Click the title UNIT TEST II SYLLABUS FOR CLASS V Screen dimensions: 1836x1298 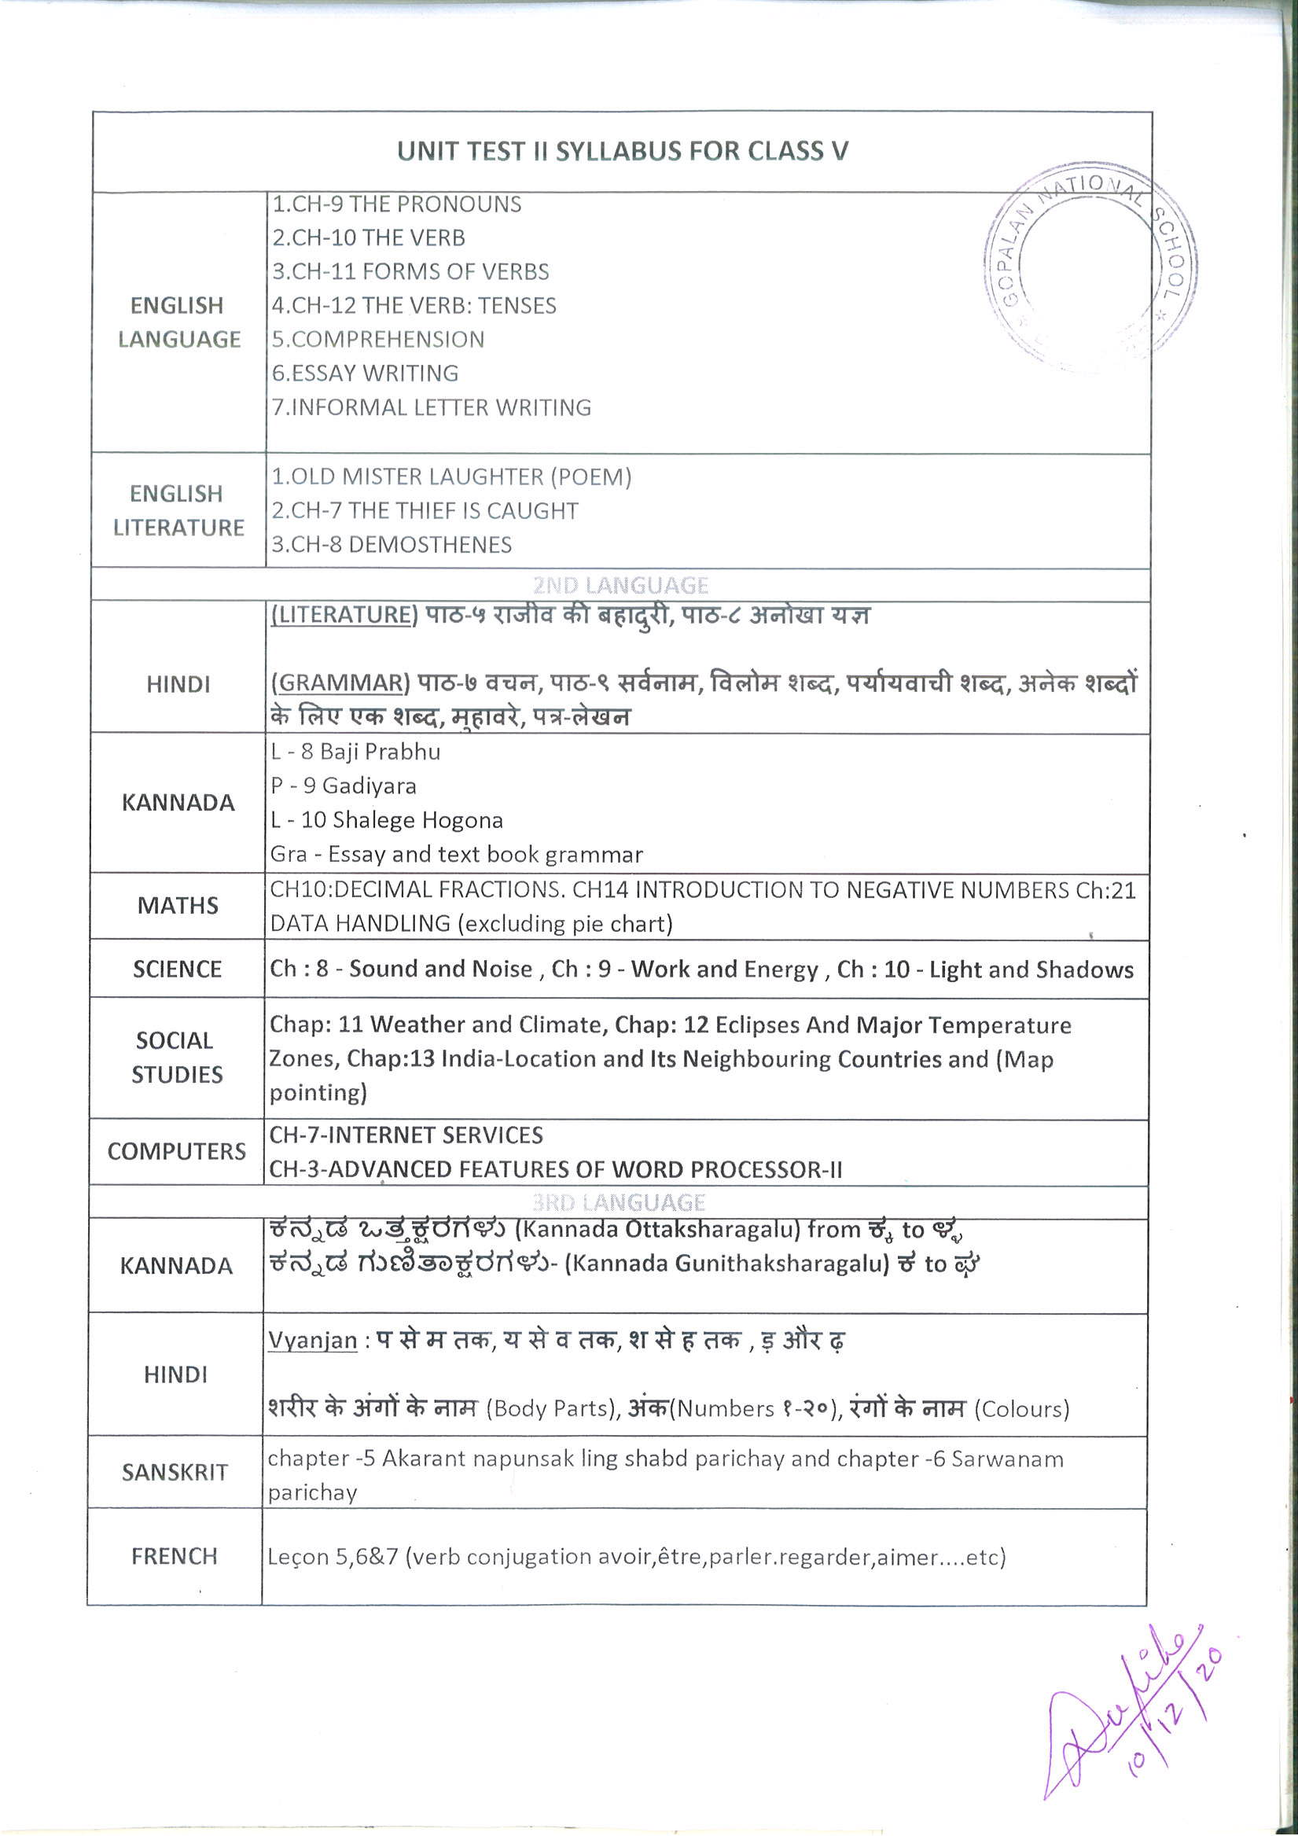tap(622, 151)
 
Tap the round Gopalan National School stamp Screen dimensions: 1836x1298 tap(1090, 268)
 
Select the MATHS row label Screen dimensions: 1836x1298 tap(178, 905)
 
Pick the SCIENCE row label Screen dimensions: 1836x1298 tap(177, 970)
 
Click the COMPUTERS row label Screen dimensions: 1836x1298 tap(177, 1151)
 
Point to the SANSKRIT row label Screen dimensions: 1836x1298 tap(175, 1472)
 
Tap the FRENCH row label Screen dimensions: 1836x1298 tap(175, 1556)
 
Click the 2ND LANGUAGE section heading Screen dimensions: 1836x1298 tap(620, 585)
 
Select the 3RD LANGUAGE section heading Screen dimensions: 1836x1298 tap(619, 1203)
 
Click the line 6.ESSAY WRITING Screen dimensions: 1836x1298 tap(365, 373)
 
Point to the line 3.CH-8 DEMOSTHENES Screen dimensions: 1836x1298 tap(391, 545)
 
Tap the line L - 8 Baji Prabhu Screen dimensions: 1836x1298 tap(355, 752)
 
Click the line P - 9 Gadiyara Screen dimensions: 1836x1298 tap(343, 786)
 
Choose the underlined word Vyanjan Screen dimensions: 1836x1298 tap(312, 1340)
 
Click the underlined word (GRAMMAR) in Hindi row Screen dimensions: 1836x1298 tap(340, 683)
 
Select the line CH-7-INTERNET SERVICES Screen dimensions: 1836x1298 tap(406, 1135)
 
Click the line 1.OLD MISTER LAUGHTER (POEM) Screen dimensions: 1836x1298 tap(451, 476)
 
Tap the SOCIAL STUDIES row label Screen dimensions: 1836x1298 tap(177, 1057)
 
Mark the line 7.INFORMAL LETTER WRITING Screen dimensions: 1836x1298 tap(431, 408)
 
